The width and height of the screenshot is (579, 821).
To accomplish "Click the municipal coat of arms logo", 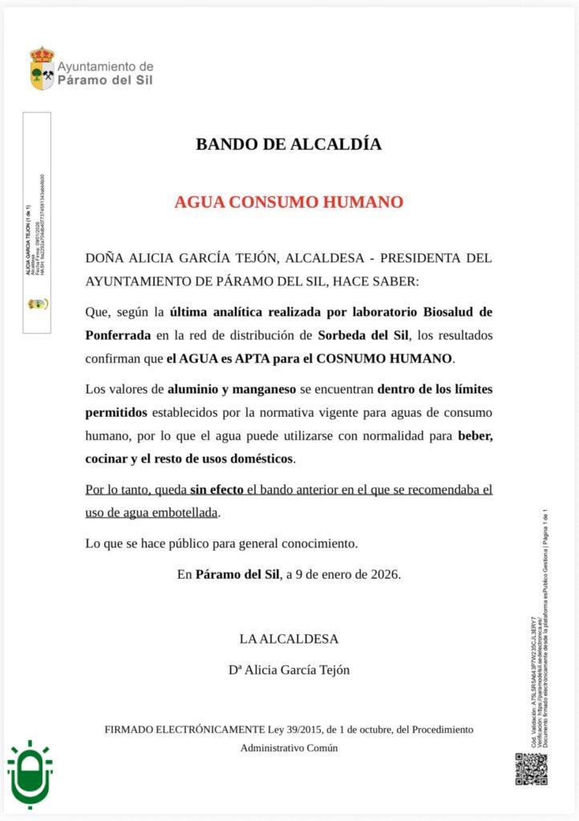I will pos(42,68).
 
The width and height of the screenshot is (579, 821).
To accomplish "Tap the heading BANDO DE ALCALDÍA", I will pos(289,144).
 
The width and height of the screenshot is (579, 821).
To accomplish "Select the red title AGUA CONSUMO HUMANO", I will pos(289,202).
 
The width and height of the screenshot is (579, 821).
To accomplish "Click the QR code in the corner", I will pos(531,769).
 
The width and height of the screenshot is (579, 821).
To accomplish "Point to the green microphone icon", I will pos(30,774).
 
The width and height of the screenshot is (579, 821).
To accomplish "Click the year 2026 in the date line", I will pos(383,575).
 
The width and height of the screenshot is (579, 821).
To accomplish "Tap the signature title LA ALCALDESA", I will pos(289,639).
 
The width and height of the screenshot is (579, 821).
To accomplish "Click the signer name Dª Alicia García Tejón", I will pos(289,669).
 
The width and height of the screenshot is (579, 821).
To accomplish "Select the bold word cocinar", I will pos(110,459).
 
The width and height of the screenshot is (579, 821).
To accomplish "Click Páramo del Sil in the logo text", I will pos(105,80).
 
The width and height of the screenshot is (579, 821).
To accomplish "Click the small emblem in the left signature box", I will pos(38,304).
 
